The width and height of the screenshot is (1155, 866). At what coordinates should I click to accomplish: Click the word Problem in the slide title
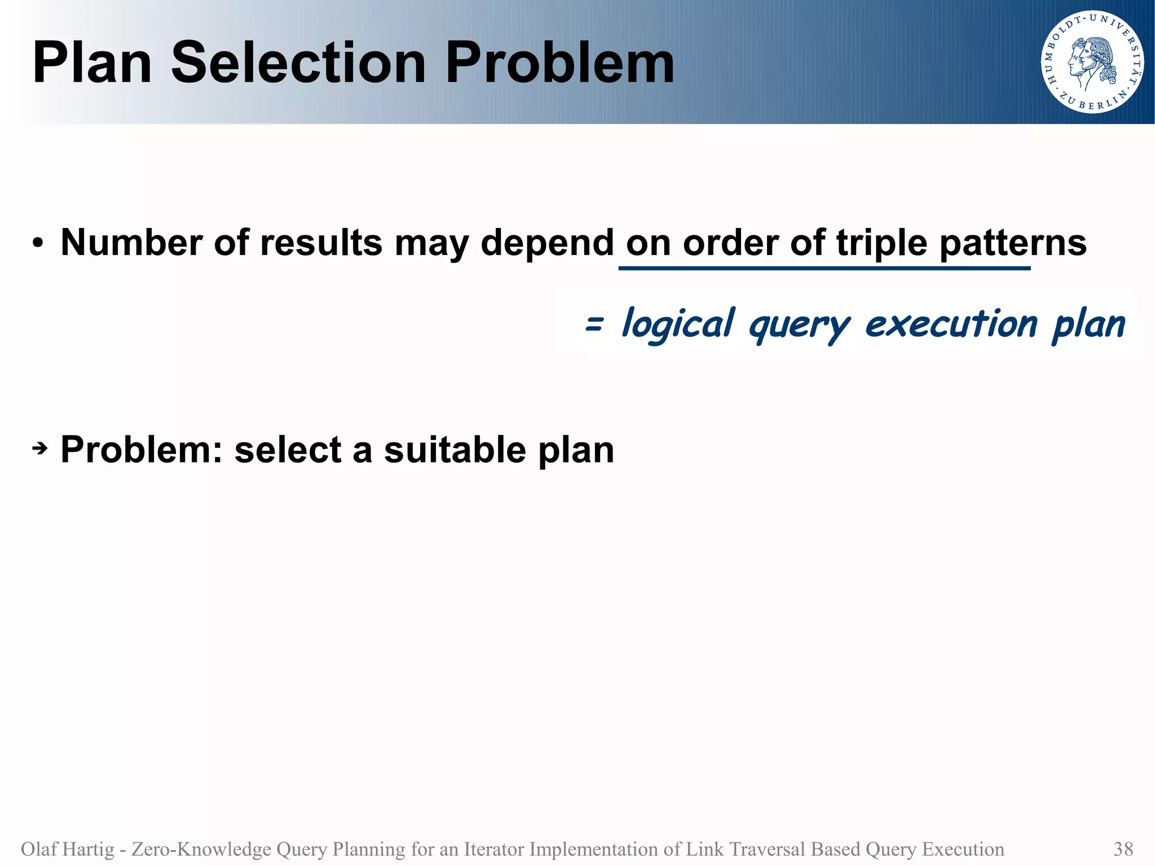pos(559,63)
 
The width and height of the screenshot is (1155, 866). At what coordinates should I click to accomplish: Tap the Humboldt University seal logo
pos(1092,62)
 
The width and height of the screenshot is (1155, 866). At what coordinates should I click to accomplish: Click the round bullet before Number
pos(38,244)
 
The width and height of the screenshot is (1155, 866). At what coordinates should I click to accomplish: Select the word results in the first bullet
pos(321,243)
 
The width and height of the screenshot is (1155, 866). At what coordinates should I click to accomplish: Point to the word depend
pos(546,243)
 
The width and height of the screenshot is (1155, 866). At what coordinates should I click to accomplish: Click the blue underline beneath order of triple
pos(823,269)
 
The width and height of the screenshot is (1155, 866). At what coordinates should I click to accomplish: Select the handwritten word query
pos(799,326)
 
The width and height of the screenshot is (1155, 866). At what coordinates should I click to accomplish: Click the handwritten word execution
pos(951,324)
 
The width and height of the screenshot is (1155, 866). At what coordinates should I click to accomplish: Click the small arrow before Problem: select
pos(39,450)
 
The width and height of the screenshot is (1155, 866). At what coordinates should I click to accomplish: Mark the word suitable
pos(455,450)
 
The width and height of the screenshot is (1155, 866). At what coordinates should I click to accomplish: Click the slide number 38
pos(1123,849)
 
